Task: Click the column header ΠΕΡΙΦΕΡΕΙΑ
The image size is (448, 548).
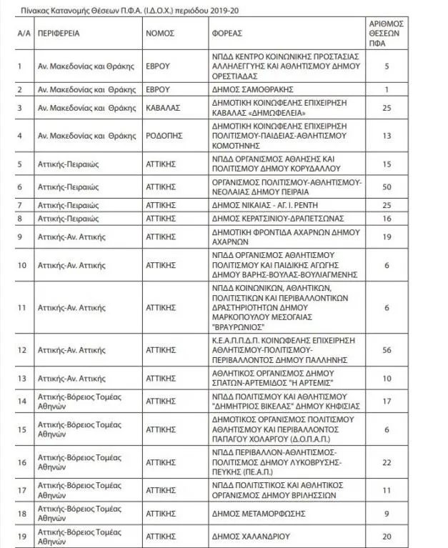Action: [x=59, y=33]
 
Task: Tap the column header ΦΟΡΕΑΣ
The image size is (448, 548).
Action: [x=227, y=33]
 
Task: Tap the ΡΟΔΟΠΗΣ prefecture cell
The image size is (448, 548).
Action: [x=164, y=135]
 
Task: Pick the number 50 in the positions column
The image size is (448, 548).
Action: [x=387, y=186]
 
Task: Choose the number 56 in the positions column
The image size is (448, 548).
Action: [x=387, y=350]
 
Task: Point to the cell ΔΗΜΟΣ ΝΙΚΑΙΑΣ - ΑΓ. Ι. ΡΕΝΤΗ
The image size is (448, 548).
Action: [x=259, y=205]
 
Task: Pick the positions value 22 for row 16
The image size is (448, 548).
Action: [x=387, y=463]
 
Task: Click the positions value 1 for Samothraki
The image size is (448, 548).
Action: [x=387, y=89]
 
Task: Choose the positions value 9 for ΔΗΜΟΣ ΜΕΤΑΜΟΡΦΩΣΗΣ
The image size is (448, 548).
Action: [x=387, y=513]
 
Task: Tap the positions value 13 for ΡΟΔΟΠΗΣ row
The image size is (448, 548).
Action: [x=387, y=135]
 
